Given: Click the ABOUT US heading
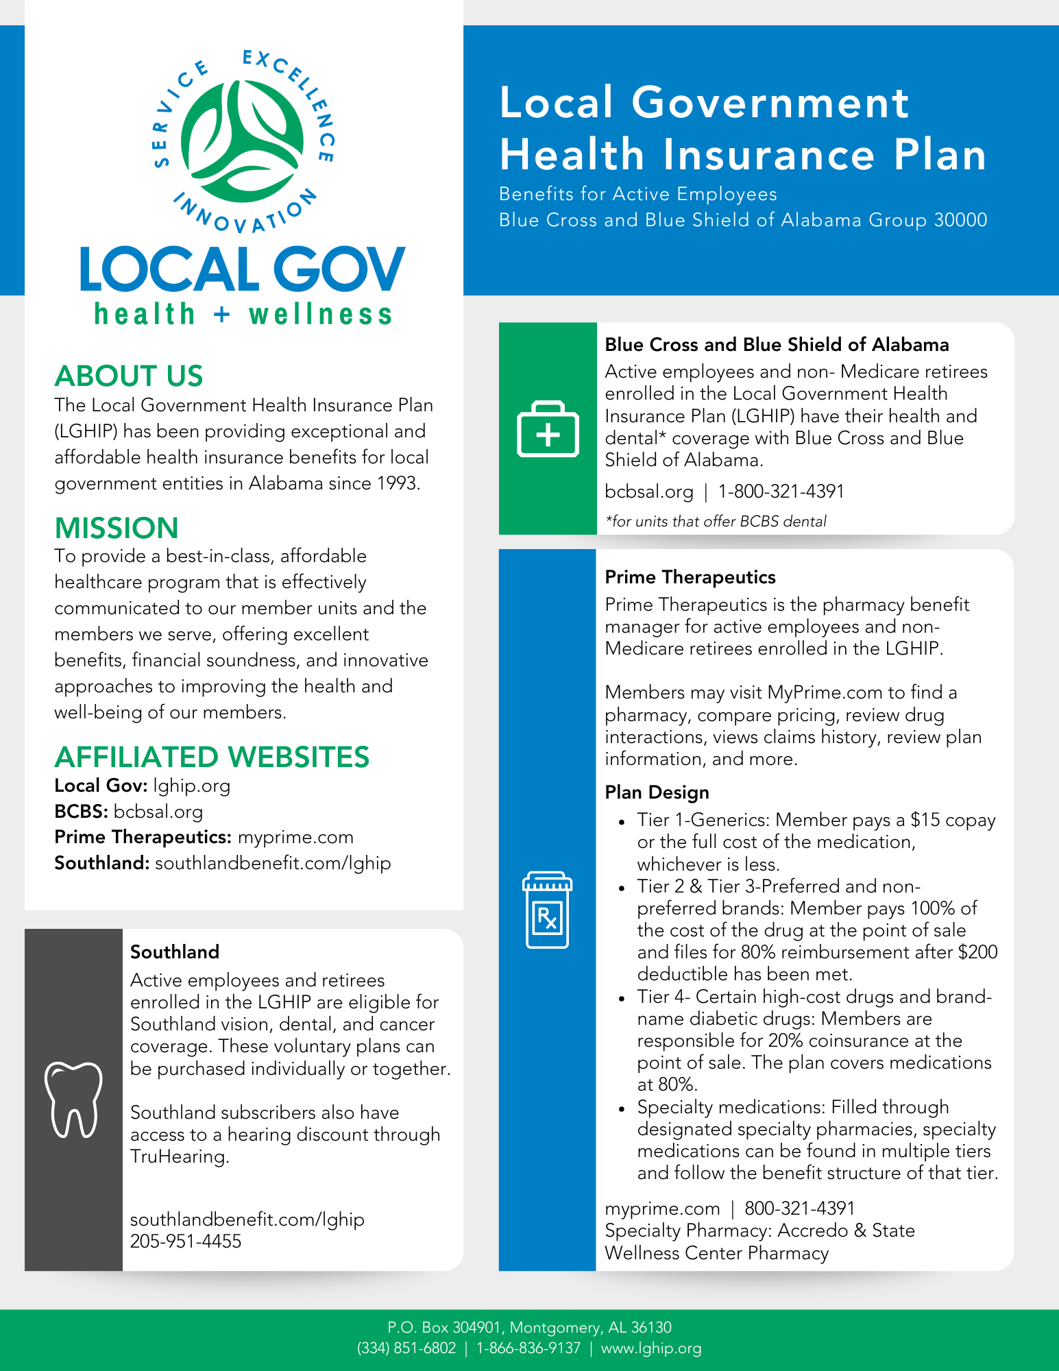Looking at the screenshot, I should pyautogui.click(x=129, y=376).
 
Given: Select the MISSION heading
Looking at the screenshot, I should pyautogui.click(x=117, y=529).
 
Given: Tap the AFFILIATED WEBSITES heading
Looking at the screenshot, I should pyautogui.click(x=212, y=757).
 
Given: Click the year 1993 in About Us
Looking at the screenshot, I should pyautogui.click(x=397, y=483).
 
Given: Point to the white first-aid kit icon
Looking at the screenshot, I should pyautogui.click(x=548, y=429).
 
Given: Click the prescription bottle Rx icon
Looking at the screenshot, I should pyautogui.click(x=547, y=910).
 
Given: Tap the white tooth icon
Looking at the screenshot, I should pyautogui.click(x=73, y=1100).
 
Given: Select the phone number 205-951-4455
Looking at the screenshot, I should pyautogui.click(x=186, y=1241).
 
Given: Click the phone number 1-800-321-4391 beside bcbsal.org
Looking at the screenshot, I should pyautogui.click(x=781, y=492).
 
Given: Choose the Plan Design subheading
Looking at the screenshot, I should pyautogui.click(x=657, y=792).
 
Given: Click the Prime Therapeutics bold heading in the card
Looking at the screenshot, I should pyautogui.click(x=690, y=577).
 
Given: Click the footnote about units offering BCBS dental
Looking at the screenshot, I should pyautogui.click(x=716, y=521).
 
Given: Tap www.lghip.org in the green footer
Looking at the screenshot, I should pyautogui.click(x=651, y=1348).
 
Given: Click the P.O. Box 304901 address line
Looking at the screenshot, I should pyautogui.click(x=529, y=1328).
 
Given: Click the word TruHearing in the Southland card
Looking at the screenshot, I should pyautogui.click(x=178, y=1156).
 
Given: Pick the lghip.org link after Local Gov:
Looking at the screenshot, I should pyautogui.click(x=192, y=786).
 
